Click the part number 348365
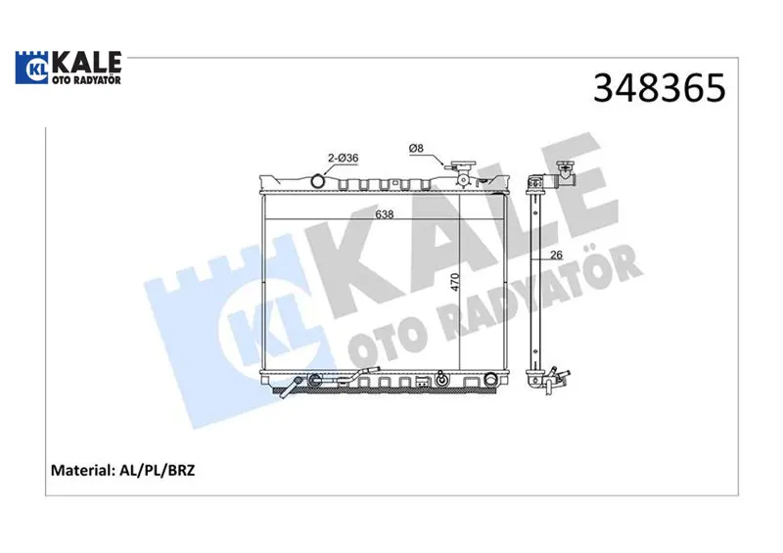point(659,88)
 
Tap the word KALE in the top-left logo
point(86,63)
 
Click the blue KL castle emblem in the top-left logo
point(32,68)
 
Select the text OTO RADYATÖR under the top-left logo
point(86,80)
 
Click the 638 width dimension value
point(385,214)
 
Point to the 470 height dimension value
point(454,282)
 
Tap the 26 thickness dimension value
point(556,254)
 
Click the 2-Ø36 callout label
point(344,158)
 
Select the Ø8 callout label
point(416,148)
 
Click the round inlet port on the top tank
point(317,180)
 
